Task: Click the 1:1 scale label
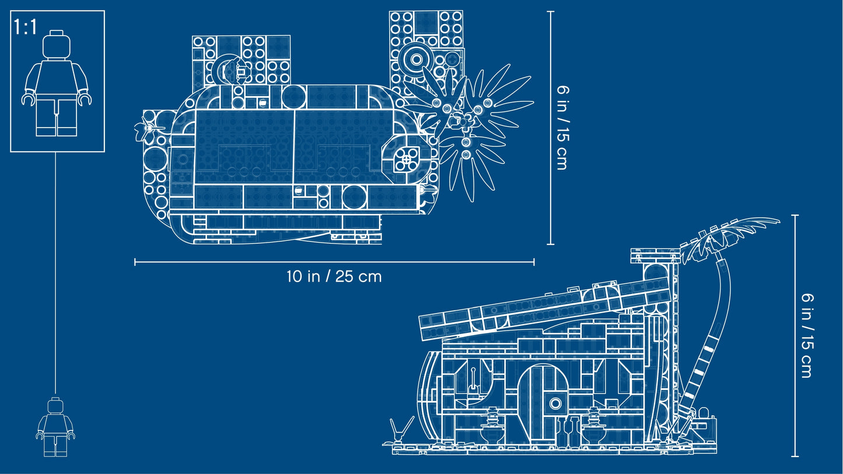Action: (26, 27)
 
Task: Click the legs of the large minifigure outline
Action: (57, 117)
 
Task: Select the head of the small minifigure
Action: (55, 406)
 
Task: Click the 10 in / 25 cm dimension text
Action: (334, 276)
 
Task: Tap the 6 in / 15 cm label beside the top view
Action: (562, 128)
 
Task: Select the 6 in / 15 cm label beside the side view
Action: (807, 336)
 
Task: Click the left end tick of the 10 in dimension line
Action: (135, 262)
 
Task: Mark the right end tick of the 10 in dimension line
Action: (534, 262)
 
